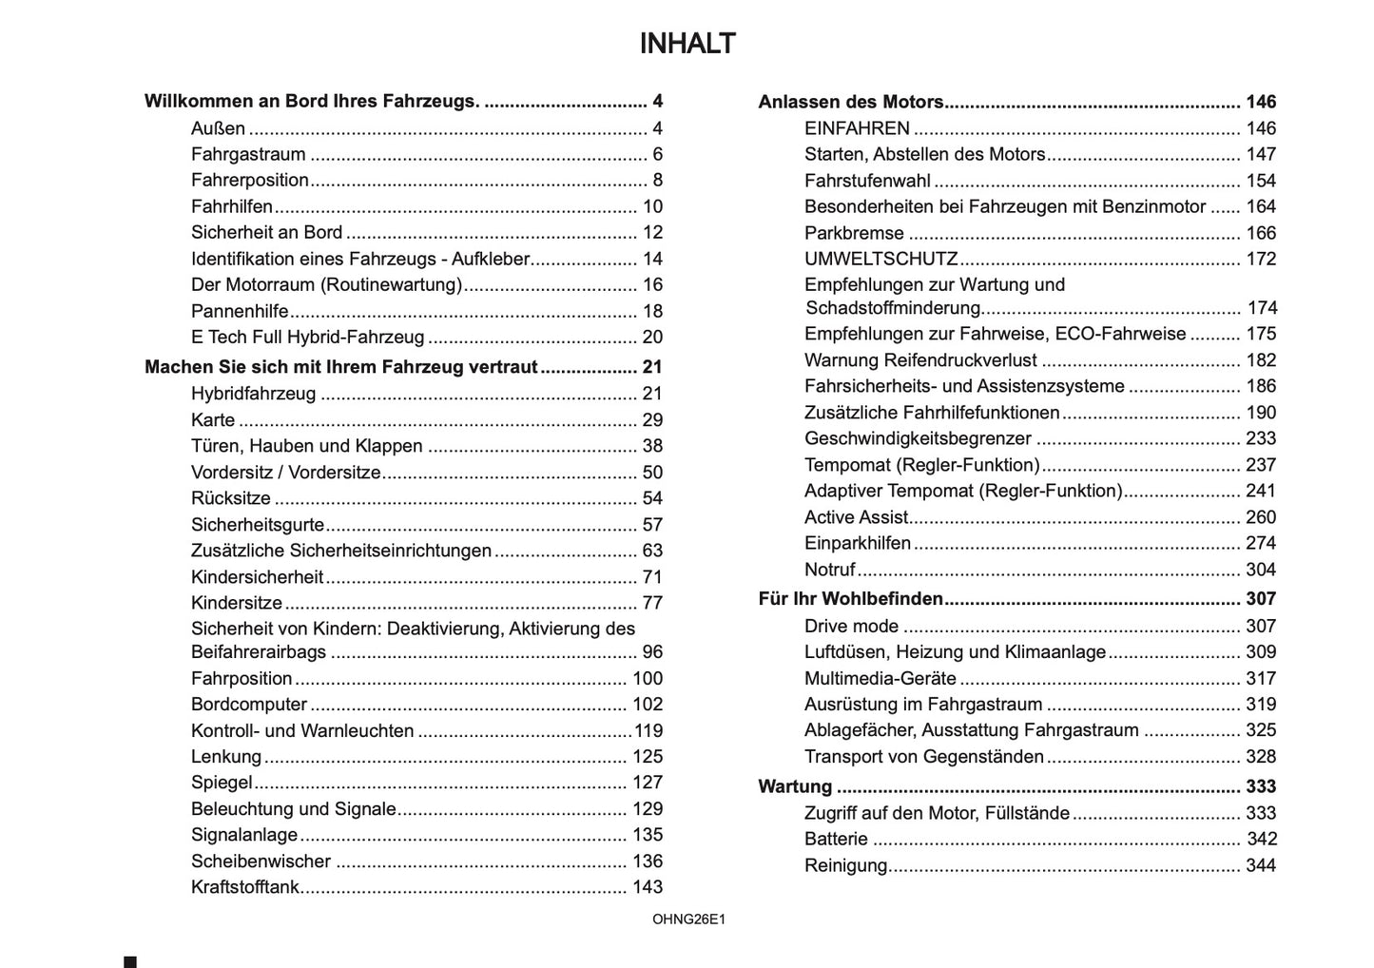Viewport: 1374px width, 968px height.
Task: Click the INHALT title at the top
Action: (x=687, y=44)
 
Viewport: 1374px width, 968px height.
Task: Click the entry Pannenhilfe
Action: (x=240, y=311)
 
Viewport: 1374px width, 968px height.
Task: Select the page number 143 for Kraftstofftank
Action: (x=648, y=887)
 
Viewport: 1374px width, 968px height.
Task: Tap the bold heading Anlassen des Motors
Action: (x=850, y=102)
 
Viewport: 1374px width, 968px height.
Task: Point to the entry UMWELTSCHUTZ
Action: (x=881, y=259)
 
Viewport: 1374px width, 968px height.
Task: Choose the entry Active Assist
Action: (x=856, y=517)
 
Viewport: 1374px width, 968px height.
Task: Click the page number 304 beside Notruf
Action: (x=1261, y=570)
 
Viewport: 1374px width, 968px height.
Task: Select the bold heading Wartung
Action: (x=795, y=786)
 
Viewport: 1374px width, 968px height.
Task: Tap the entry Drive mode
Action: (x=851, y=626)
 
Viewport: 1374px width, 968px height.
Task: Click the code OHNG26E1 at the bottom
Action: (x=688, y=920)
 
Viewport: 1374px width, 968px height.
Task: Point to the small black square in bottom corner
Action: (x=130, y=962)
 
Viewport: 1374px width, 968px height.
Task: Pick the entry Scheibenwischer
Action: (x=261, y=862)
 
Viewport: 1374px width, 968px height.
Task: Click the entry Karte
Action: (x=213, y=420)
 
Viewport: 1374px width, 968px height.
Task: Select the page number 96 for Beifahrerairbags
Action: (x=652, y=652)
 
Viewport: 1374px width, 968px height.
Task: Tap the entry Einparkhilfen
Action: (x=857, y=543)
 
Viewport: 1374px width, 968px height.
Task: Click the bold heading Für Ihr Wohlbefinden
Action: (x=850, y=599)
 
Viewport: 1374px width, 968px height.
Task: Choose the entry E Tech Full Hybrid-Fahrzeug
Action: (x=307, y=337)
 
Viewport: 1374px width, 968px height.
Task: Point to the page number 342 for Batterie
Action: (x=1261, y=839)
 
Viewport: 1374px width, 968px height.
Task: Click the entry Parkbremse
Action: (x=854, y=233)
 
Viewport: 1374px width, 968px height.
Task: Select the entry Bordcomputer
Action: (x=249, y=705)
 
